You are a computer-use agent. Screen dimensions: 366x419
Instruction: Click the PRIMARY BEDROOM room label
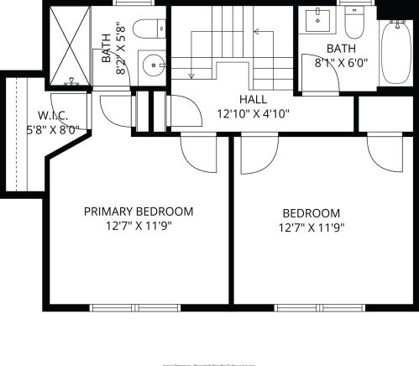(139, 212)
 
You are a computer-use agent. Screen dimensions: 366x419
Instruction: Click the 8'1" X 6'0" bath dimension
(341, 62)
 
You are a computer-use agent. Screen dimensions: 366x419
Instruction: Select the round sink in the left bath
(152, 64)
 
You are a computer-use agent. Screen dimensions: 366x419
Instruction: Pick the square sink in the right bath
(319, 18)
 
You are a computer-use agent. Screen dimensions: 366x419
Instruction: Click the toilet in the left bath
(151, 29)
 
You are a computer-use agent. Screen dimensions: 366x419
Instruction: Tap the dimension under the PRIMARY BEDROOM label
(139, 225)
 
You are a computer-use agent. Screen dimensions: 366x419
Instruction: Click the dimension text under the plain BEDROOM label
(312, 227)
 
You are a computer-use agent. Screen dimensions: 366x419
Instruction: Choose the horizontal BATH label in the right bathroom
(341, 49)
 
